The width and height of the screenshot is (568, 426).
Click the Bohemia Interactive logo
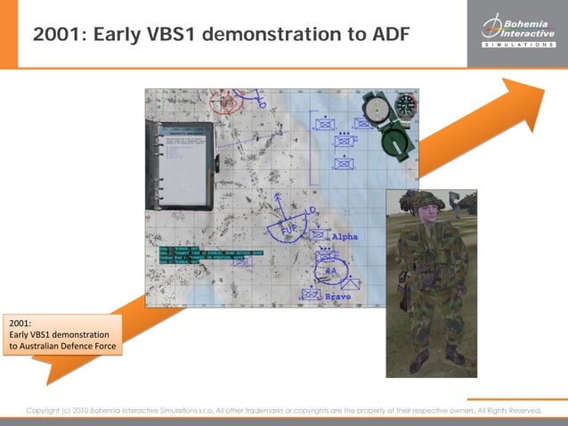[516, 33]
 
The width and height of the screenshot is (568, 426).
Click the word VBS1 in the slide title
[183, 35]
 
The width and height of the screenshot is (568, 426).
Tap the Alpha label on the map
[344, 238]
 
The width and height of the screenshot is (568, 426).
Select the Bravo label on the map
[337, 295]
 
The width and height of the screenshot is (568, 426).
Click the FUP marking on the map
[290, 230]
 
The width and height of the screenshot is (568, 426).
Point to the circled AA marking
[330, 271]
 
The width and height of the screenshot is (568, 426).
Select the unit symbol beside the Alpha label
[319, 235]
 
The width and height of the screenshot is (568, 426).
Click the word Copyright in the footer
[44, 410]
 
